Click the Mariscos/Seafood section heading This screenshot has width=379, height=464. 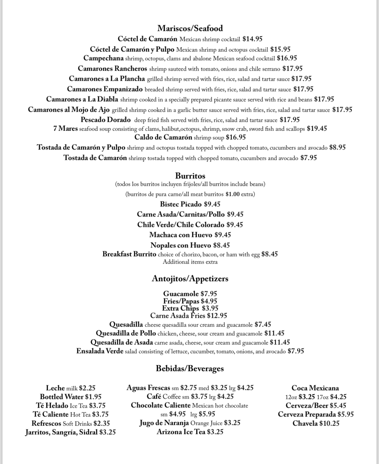[190, 28]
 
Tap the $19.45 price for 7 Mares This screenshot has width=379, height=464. [317, 129]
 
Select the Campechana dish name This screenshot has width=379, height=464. [103, 58]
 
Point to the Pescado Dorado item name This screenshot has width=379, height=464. [105, 120]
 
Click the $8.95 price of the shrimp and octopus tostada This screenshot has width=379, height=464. [337, 147]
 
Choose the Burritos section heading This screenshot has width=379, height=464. [190, 176]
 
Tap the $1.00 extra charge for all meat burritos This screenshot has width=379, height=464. [232, 194]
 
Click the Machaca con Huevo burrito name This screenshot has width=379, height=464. [181, 235]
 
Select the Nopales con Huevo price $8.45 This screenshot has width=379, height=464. [221, 245]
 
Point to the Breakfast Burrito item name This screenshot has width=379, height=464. [129, 254]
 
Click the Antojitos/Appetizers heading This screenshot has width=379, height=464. [190, 279]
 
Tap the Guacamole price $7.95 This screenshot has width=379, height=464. [209, 294]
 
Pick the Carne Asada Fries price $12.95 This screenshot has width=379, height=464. [217, 316]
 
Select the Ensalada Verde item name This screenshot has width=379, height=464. [100, 351]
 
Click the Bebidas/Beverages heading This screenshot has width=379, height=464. [190, 368]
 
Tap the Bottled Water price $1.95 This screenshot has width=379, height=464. [93, 397]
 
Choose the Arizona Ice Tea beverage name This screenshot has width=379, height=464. [181, 432]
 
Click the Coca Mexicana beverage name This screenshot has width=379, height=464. [315, 388]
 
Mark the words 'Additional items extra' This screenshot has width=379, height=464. [190, 262]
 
